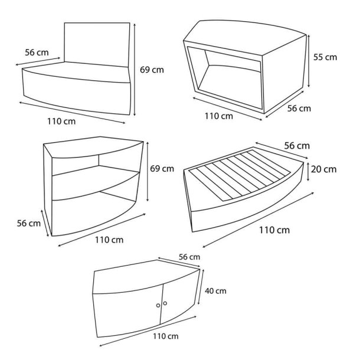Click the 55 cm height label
click(x=325, y=57)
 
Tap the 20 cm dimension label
click(x=324, y=169)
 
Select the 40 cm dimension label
click(x=215, y=291)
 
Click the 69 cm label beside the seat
click(x=152, y=70)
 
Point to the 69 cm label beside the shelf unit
click(x=162, y=169)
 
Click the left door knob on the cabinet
click(x=158, y=305)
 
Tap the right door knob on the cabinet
click(x=165, y=303)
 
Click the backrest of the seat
click(x=97, y=44)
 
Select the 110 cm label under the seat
click(x=61, y=121)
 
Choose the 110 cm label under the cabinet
click(x=165, y=336)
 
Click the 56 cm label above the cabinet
click(x=189, y=257)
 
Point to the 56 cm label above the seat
click(x=37, y=53)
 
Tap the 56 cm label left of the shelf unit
click(x=29, y=223)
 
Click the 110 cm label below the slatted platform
click(x=274, y=230)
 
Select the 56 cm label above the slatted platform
click(x=297, y=146)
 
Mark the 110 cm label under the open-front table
click(x=219, y=116)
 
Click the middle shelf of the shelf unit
click(x=95, y=182)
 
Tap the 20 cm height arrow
click(x=308, y=172)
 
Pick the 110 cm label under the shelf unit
click(x=109, y=240)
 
